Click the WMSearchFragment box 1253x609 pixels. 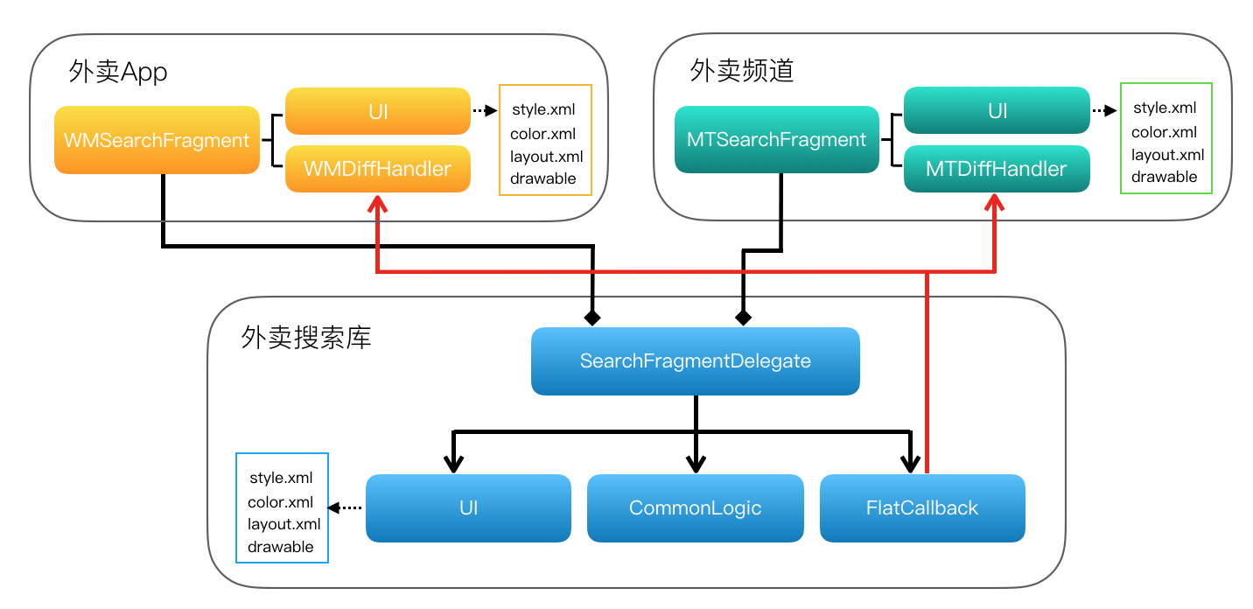point(157,140)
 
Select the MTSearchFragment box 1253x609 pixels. point(776,140)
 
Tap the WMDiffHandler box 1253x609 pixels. point(377,169)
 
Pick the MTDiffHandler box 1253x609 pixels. point(997,169)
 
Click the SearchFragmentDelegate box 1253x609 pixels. point(696,361)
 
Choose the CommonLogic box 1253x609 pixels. point(696,508)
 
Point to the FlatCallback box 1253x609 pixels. point(922,508)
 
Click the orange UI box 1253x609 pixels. point(377,111)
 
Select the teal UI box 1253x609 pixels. point(997,110)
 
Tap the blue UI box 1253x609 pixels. point(468,508)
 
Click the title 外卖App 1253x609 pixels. point(117,72)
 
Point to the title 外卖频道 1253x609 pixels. point(741,70)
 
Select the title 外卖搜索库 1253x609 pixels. point(305,338)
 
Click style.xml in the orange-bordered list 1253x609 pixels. point(542,110)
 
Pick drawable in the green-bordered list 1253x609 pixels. point(1164,177)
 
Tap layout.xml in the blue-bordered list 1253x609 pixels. point(283,524)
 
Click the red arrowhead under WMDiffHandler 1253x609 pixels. point(377,205)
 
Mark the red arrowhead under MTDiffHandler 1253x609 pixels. point(997,204)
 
